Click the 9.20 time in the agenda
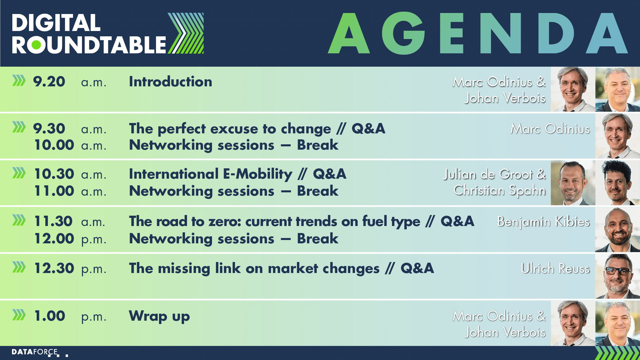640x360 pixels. click(x=49, y=82)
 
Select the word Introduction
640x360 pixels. click(x=170, y=82)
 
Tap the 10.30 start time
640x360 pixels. click(x=54, y=174)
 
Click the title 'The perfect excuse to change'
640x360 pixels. click(x=230, y=129)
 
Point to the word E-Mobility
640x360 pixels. click(x=258, y=174)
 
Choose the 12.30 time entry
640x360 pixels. click(x=54, y=268)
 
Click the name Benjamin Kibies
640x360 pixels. click(x=543, y=222)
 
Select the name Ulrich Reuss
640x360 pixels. click(x=555, y=268)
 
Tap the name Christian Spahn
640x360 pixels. click(x=500, y=191)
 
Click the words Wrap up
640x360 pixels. click(x=159, y=316)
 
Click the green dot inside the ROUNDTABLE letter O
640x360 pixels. click(x=36, y=45)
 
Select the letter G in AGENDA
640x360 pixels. click(x=403, y=33)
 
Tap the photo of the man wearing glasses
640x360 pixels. click(x=617, y=276)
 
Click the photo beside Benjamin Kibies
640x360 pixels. click(x=617, y=229)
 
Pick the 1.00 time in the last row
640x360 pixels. click(x=50, y=316)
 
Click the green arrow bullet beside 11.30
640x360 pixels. click(x=19, y=220)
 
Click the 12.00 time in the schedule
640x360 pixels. click(x=54, y=239)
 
